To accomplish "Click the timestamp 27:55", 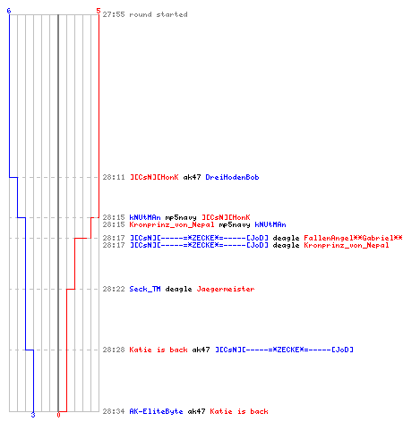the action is (x=114, y=14).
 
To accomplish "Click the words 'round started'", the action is (x=159, y=14).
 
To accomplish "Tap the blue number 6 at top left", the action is (x=9, y=11).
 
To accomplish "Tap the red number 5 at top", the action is (x=99, y=11).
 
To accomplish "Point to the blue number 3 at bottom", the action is (x=33, y=415).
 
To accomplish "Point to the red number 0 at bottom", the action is (x=58, y=415).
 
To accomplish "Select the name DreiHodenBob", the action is (x=232, y=177).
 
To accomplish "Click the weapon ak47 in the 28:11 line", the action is (x=192, y=177).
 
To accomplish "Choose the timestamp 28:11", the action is (x=114, y=177).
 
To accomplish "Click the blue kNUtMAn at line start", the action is (x=145, y=217).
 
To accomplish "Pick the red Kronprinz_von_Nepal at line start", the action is (x=172, y=224).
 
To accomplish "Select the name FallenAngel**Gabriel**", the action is (x=353, y=238).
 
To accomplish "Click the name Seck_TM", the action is (x=145, y=289).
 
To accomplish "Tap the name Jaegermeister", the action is (x=226, y=289).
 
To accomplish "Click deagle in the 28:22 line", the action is (x=178, y=289).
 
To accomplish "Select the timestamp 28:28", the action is (x=114, y=350).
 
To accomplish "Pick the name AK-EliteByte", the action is (x=156, y=411).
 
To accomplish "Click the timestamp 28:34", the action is (x=114, y=411).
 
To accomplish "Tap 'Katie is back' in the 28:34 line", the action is (x=239, y=411).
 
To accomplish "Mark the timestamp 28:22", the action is (x=114, y=289).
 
